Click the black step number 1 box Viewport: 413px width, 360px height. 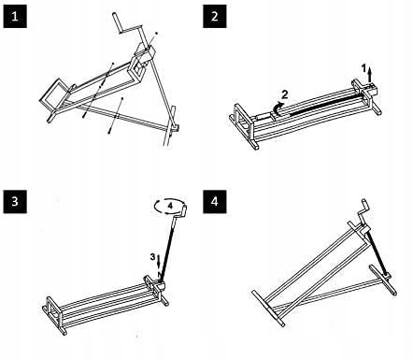coord(15,17)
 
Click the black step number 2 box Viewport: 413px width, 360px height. coord(215,17)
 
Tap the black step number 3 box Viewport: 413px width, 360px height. coord(15,202)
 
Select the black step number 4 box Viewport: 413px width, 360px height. coord(215,202)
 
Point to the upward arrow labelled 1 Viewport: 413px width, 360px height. coord(370,75)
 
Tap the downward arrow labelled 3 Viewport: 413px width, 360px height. coord(159,262)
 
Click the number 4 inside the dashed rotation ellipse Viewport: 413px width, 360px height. coord(170,206)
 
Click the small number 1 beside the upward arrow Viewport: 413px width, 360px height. coord(363,67)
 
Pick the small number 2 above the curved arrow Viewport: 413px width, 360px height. coord(284,94)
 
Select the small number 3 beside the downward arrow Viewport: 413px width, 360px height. coord(152,257)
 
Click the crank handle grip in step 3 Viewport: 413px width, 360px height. coord(184,209)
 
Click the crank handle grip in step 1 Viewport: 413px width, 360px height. coord(117,22)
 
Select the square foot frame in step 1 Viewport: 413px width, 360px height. coord(53,94)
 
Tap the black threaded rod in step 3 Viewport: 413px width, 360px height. coord(168,249)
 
